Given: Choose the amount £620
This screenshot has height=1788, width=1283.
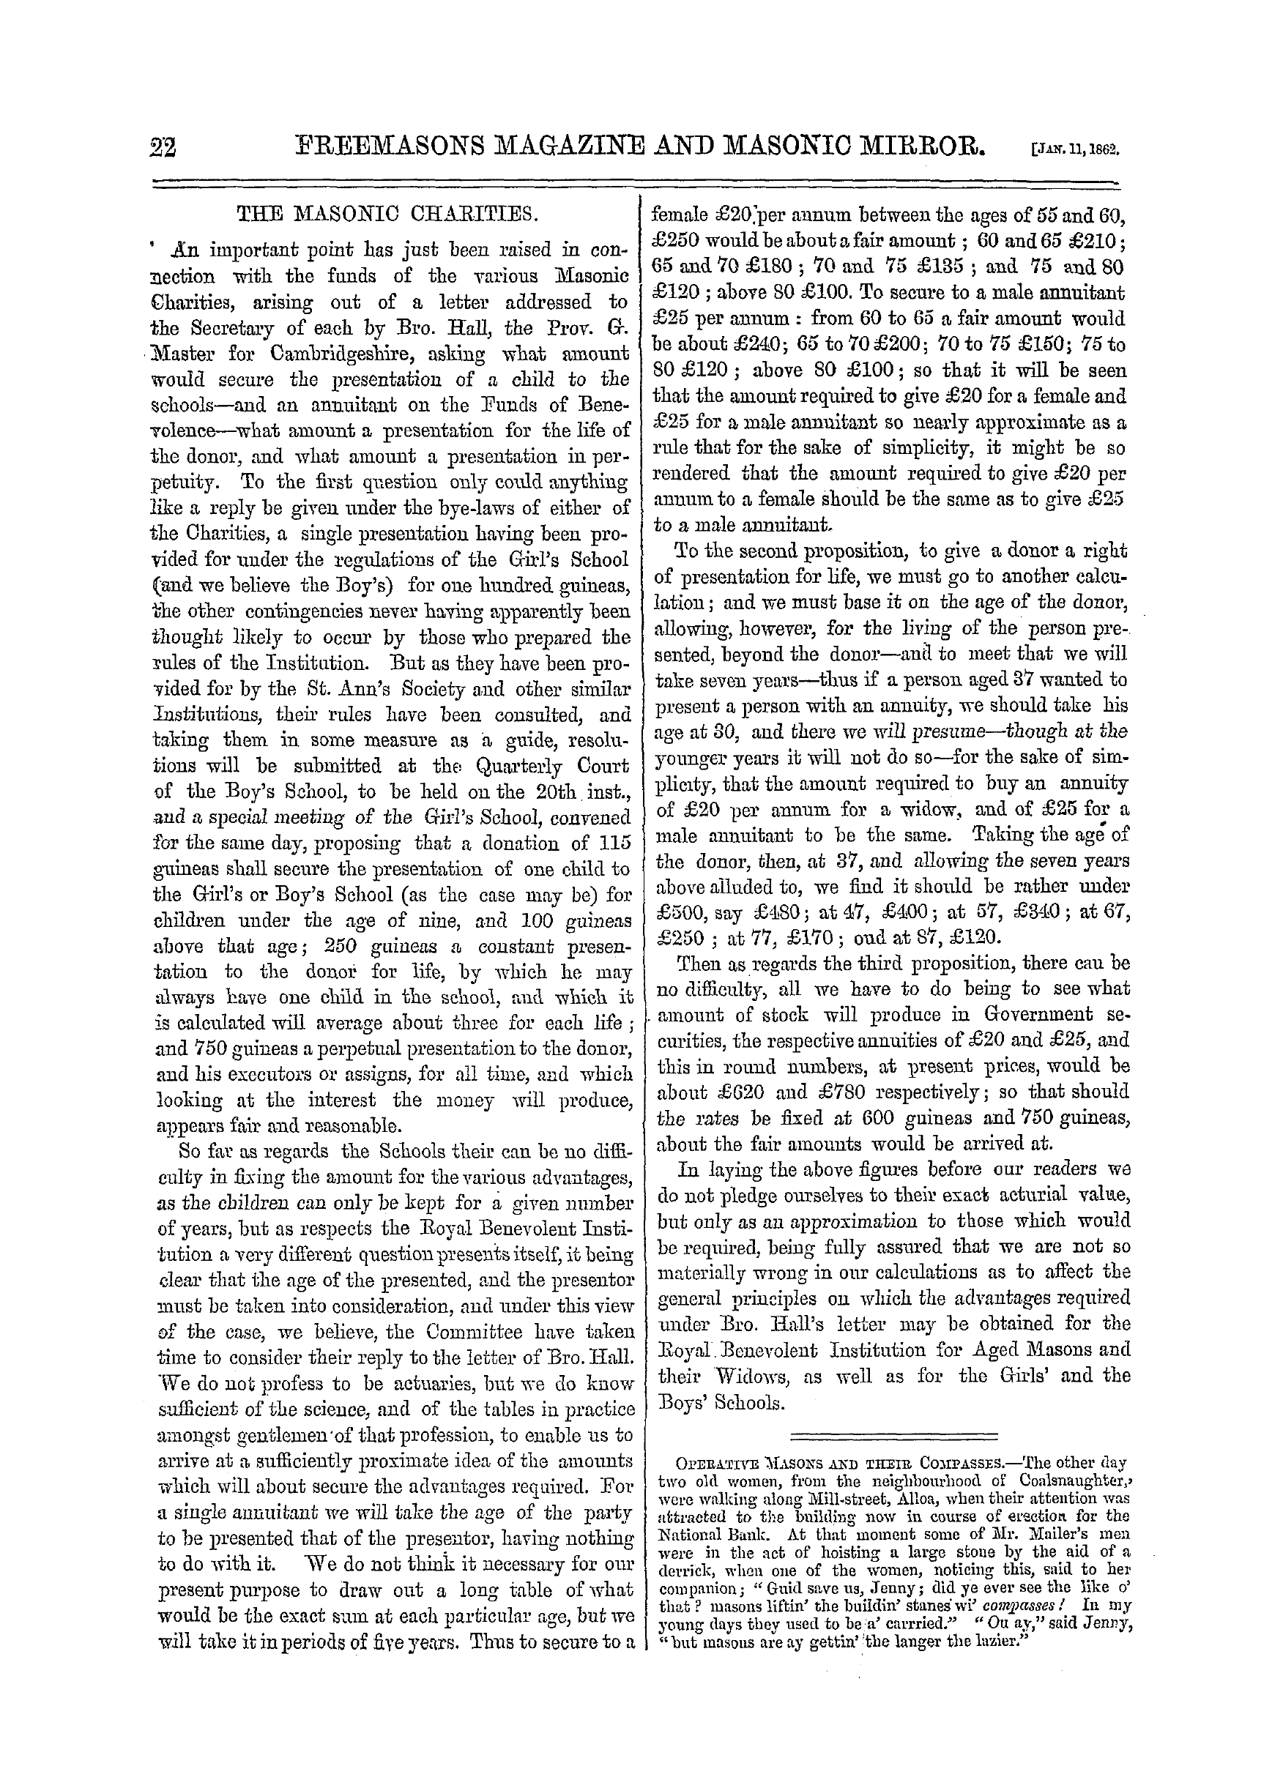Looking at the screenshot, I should (760, 1092).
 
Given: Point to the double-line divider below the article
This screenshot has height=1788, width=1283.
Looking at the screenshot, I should (893, 1436).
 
